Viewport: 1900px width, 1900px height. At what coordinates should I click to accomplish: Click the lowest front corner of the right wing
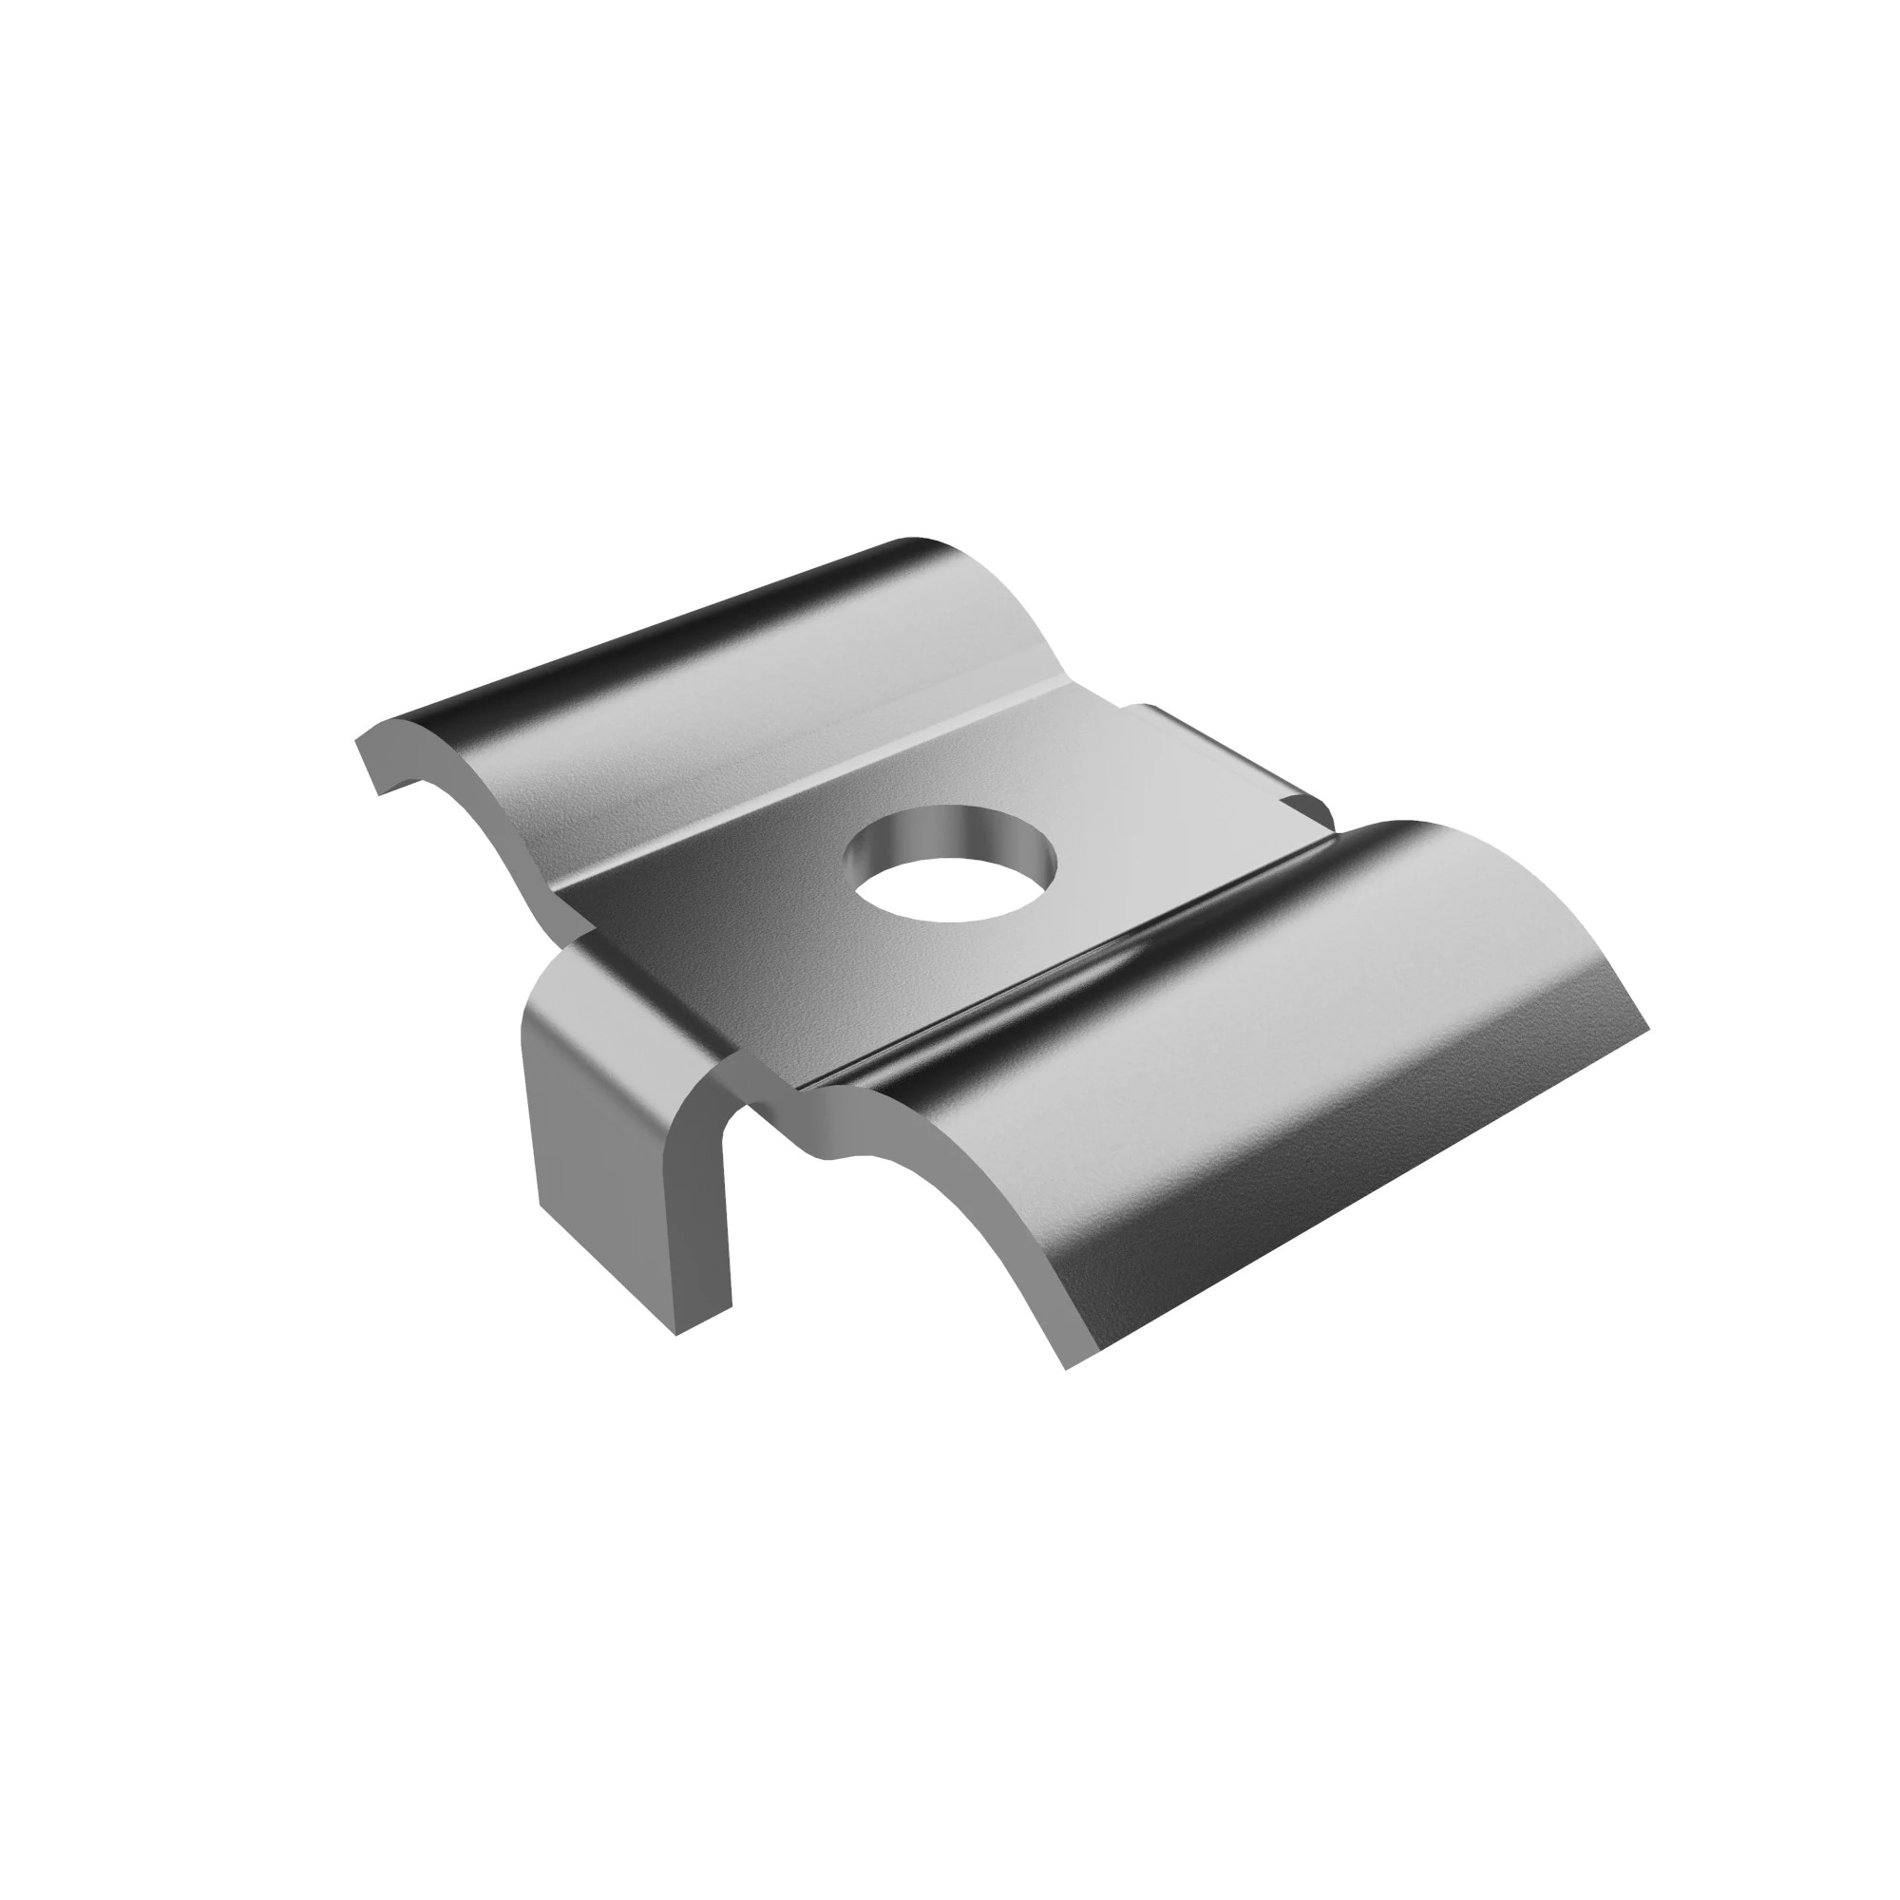click(x=1068, y=1368)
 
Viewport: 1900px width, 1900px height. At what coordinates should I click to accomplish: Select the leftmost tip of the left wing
click(x=356, y=743)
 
